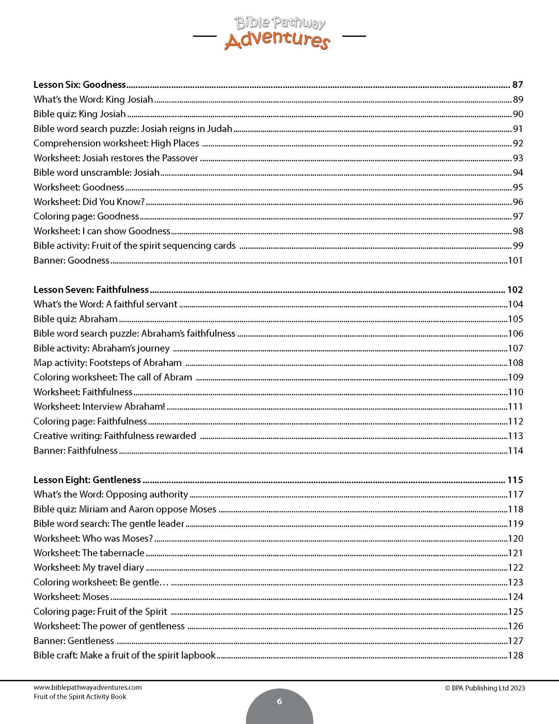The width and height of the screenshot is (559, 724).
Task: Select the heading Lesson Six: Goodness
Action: (80, 85)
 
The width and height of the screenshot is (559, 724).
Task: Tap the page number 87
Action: (517, 85)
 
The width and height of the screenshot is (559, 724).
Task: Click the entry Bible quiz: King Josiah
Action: (80, 114)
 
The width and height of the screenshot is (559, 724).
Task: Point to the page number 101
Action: (515, 261)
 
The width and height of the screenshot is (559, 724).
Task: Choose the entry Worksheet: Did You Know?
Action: (89, 202)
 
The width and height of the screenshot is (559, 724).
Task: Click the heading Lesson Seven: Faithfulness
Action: (91, 290)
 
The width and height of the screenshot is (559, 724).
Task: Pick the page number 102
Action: (515, 290)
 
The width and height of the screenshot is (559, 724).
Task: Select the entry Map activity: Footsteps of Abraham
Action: (108, 363)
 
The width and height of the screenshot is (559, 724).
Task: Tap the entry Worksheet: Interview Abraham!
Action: (99, 407)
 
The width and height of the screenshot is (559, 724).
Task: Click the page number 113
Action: (515, 436)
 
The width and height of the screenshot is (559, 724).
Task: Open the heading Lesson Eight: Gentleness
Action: (87, 480)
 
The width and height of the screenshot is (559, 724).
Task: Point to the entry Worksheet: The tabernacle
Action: (89, 553)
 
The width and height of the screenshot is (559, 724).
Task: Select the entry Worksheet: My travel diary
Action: (89, 568)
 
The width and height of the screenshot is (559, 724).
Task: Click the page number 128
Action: (515, 655)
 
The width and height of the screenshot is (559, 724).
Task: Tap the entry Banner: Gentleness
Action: (74, 641)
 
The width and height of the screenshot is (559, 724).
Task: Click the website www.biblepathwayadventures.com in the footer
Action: (88, 688)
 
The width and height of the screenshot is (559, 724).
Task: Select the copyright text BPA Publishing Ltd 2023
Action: (485, 688)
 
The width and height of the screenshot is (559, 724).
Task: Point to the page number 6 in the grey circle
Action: (279, 701)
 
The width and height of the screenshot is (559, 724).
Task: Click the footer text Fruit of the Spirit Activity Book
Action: (80, 697)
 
